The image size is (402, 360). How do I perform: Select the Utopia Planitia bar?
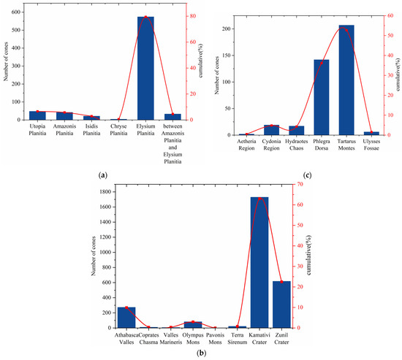[37, 115]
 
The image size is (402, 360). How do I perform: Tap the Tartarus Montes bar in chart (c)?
[346, 80]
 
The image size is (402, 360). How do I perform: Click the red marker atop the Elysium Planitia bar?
[145, 17]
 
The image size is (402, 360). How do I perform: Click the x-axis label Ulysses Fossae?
[371, 145]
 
